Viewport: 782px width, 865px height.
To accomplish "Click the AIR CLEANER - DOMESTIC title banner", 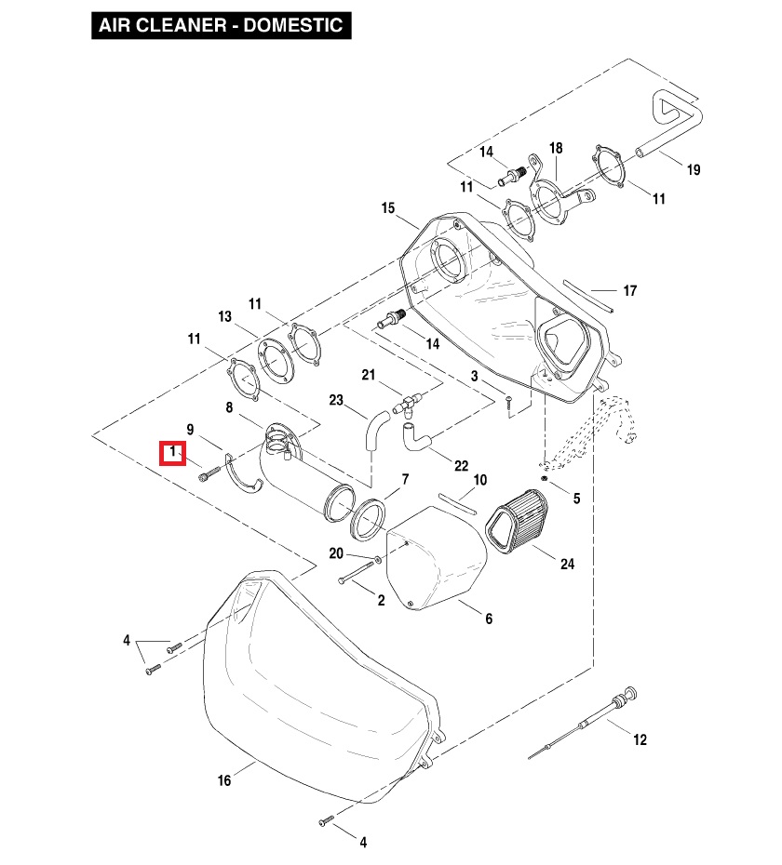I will point(221,25).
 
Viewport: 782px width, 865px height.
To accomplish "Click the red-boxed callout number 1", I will point(173,453).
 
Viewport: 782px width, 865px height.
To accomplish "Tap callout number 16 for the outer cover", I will point(224,779).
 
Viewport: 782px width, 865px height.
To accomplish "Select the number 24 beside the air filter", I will point(567,564).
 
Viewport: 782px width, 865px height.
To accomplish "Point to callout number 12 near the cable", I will point(640,740).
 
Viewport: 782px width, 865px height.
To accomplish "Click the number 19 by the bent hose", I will point(693,170).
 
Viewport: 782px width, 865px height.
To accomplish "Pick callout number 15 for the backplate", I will point(388,208).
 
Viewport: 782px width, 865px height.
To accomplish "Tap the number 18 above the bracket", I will point(556,149).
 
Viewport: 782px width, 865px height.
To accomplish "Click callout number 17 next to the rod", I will point(630,291).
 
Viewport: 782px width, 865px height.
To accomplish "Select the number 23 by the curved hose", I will point(337,401).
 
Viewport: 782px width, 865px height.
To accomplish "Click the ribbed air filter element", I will point(519,526).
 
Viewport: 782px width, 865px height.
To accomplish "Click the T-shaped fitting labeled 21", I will point(409,403).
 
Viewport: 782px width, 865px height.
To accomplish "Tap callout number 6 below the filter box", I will point(489,619).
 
